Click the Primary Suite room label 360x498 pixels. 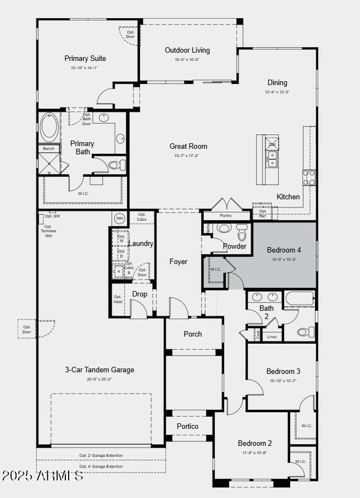point(85,59)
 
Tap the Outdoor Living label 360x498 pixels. point(187,50)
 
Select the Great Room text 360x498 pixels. point(188,147)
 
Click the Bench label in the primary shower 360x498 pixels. point(49,149)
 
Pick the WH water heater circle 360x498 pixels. point(119,219)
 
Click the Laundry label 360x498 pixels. point(141,243)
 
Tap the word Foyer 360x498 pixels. point(178,262)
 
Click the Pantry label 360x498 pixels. point(226,215)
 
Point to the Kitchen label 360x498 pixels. point(288,197)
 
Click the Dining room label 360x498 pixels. point(277,83)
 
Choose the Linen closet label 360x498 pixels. point(271,336)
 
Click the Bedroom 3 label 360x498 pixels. point(283,371)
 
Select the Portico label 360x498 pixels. point(187,426)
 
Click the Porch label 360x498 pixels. point(192,334)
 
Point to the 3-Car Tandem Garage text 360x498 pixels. point(100,370)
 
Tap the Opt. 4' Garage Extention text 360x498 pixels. point(101,466)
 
